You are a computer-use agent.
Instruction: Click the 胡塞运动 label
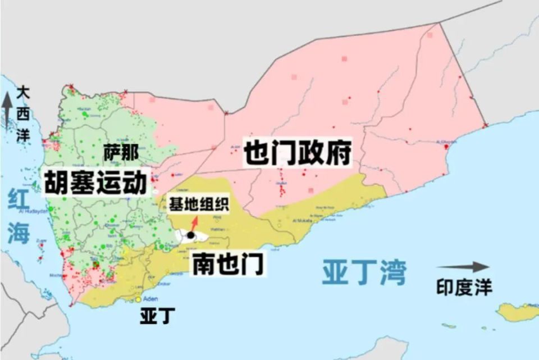tap(95, 184)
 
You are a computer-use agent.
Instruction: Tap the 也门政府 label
tap(298, 152)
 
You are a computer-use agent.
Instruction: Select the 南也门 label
tap(227, 264)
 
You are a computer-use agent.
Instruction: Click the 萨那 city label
tap(120, 151)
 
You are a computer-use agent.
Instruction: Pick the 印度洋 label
tap(464, 288)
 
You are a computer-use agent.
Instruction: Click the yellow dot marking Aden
tap(138, 299)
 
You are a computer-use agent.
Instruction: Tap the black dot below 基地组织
tap(191, 235)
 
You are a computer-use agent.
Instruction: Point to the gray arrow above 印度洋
tap(463, 267)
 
